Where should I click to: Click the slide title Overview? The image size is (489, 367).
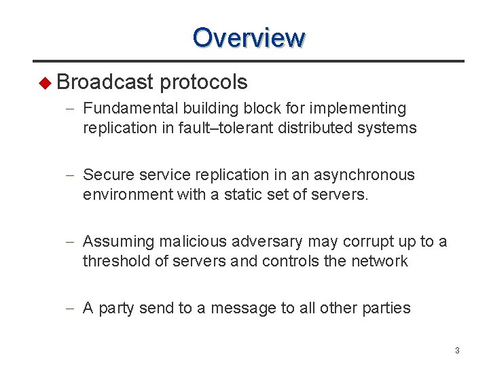point(249,37)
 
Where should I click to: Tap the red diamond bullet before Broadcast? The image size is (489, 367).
point(46,84)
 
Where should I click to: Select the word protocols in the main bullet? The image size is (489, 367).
point(204,83)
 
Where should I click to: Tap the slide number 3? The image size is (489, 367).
point(457,351)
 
